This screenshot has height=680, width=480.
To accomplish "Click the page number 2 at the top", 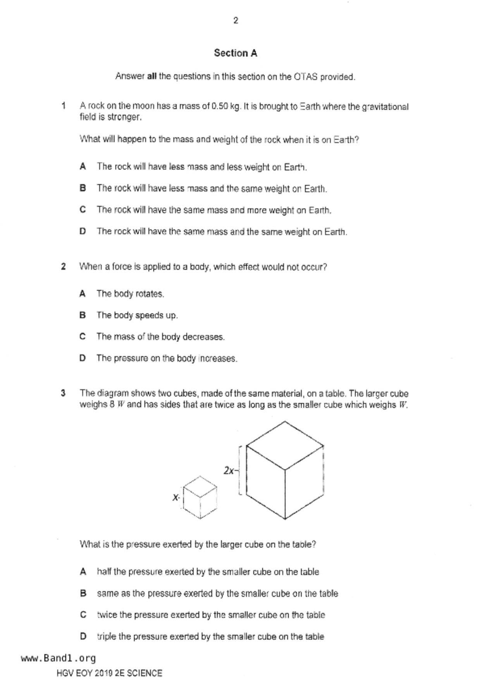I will pyautogui.click(x=236, y=21).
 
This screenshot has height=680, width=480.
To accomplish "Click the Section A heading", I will pyautogui.click(x=236, y=53).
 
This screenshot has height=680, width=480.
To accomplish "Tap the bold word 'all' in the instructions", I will pyautogui.click(x=152, y=76).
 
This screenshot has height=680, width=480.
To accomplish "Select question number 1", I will pyautogui.click(x=64, y=105).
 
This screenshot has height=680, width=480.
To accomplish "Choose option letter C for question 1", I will pyautogui.click(x=83, y=210).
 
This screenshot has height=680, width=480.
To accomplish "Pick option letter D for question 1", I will pyautogui.click(x=83, y=231).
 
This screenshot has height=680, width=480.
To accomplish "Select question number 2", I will pyautogui.click(x=64, y=267).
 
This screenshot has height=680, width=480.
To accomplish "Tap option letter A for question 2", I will pyautogui.click(x=83, y=294).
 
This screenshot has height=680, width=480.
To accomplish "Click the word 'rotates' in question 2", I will pyautogui.click(x=150, y=294).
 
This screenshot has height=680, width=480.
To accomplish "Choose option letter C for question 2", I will pyautogui.click(x=83, y=337).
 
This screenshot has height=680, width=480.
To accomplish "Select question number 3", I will pyautogui.click(x=64, y=393).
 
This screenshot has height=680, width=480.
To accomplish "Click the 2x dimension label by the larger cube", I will pyautogui.click(x=229, y=471).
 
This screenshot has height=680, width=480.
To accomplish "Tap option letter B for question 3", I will pyautogui.click(x=83, y=594).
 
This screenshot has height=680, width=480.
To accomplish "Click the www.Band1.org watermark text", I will pyautogui.click(x=58, y=658).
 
